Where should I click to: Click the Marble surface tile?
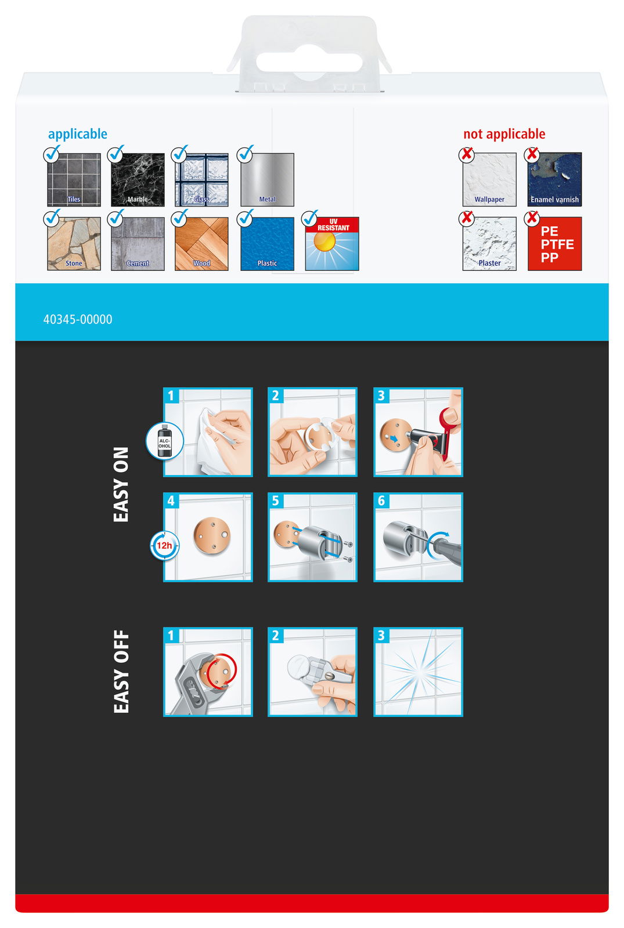tap(138, 179)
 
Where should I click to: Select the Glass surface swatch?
tap(201, 179)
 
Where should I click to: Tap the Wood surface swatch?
tap(201, 244)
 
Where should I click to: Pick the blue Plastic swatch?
tap(268, 244)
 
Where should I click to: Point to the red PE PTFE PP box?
tap(555, 244)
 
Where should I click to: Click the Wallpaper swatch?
tap(490, 179)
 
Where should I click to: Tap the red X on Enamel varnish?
tap(532, 154)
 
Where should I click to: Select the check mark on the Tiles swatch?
tap(52, 153)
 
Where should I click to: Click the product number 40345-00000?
tap(78, 320)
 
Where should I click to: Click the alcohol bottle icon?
tap(165, 441)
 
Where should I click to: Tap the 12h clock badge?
tap(165, 546)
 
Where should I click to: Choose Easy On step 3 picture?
tap(419, 432)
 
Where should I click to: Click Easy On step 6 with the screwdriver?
tap(419, 537)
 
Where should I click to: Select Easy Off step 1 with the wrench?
tap(208, 672)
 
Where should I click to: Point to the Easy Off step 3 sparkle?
tap(419, 672)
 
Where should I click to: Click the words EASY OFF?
tap(121, 672)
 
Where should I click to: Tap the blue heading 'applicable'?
tap(78, 134)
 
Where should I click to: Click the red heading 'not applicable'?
tap(504, 134)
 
